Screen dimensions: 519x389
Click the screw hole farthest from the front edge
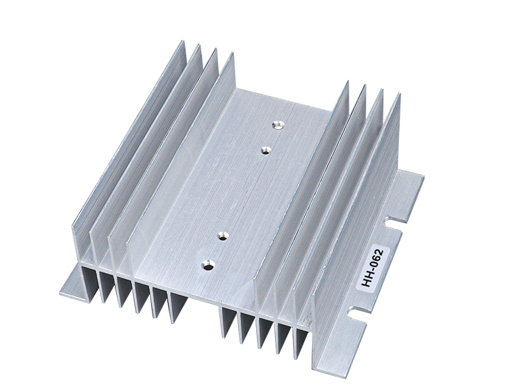[278, 125]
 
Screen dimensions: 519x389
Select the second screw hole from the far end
[265, 151]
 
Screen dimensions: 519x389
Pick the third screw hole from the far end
[224, 236]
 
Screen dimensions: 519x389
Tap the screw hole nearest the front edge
[208, 265]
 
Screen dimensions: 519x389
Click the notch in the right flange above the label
[394, 222]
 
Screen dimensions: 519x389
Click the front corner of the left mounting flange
[60, 294]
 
